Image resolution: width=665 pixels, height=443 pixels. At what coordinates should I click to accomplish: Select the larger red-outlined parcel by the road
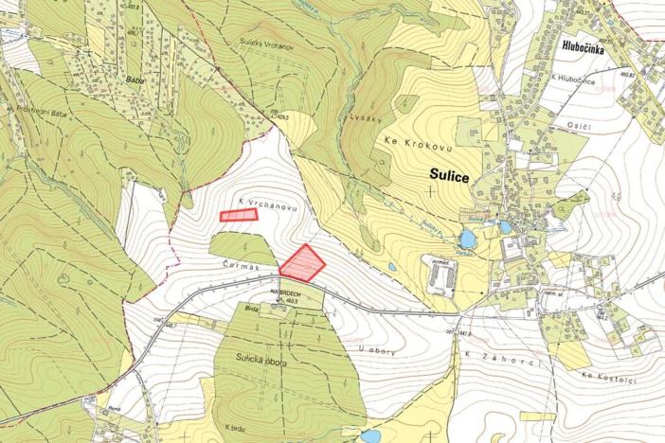302,263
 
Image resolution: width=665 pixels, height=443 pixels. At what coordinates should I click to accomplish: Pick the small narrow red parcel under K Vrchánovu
239,215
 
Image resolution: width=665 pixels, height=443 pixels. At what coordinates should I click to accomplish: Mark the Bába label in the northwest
133,80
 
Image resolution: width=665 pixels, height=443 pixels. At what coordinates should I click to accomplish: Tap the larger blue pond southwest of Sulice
467,238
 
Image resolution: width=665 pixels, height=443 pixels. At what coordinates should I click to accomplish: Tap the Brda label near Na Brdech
252,308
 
